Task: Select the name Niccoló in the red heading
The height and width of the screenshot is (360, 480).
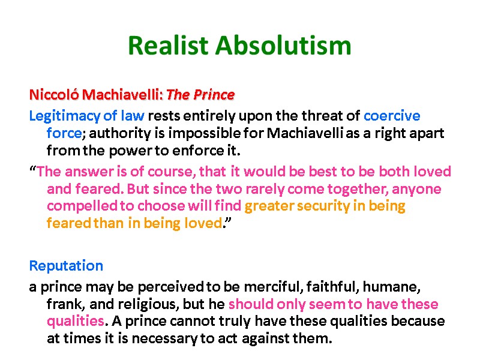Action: [x=54, y=95]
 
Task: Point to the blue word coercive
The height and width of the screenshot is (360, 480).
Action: [x=392, y=116]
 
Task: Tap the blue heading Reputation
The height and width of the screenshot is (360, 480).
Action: [x=66, y=265]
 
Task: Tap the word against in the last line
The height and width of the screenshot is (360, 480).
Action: [x=268, y=338]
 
